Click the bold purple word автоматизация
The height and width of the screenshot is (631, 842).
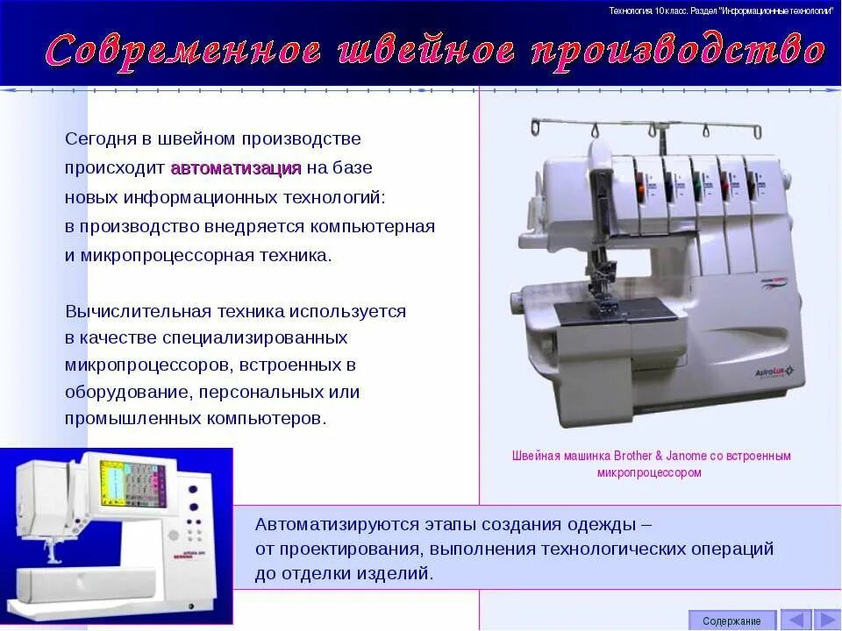tap(236, 168)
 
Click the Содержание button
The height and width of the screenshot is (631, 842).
tap(731, 620)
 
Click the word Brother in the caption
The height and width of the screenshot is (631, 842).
tap(638, 456)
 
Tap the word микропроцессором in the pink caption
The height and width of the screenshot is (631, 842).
tap(649, 472)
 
